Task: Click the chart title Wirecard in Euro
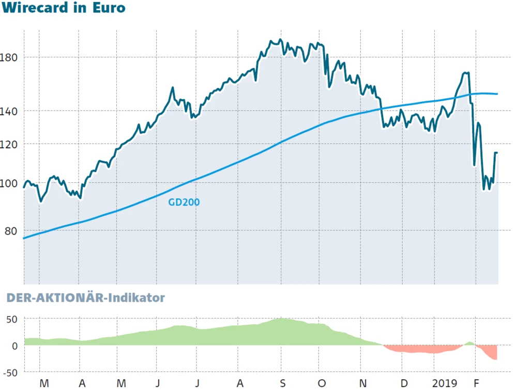(63, 8)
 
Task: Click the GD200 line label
(184, 202)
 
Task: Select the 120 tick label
(11, 144)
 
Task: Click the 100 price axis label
(11, 183)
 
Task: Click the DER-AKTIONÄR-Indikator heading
(85, 298)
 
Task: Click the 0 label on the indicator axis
(15, 345)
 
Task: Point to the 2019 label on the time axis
(445, 383)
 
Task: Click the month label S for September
(282, 383)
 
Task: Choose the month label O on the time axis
(322, 383)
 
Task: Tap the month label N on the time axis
(363, 383)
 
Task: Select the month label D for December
(404, 383)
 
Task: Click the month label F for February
(477, 383)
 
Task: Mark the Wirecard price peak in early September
(280, 40)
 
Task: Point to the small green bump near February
(469, 342)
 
